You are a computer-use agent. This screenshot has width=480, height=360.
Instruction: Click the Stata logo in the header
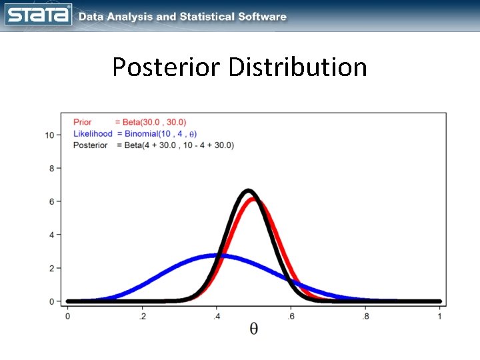click(39, 15)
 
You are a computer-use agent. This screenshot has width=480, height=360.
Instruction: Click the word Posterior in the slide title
click(167, 67)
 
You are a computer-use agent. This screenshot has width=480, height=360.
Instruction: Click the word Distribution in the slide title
click(297, 67)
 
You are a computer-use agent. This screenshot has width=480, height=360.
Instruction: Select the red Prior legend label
click(83, 123)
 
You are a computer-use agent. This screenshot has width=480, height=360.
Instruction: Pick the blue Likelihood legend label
click(93, 134)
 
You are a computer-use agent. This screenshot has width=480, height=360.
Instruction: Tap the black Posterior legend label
click(91, 145)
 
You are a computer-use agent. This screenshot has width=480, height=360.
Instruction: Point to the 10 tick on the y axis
click(49, 135)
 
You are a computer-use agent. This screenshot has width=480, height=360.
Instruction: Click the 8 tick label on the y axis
click(51, 168)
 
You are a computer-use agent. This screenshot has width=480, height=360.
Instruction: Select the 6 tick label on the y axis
click(51, 201)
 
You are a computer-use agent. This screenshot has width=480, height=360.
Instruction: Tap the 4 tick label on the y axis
click(51, 235)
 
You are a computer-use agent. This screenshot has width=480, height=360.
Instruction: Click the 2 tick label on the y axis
click(51, 268)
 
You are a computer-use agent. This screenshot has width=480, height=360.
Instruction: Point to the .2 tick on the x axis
click(141, 316)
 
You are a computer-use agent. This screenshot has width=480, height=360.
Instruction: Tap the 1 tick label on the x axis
click(439, 316)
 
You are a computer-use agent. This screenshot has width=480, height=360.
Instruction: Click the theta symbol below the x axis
click(254, 329)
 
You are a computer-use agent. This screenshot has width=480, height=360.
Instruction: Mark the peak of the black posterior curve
click(248, 191)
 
